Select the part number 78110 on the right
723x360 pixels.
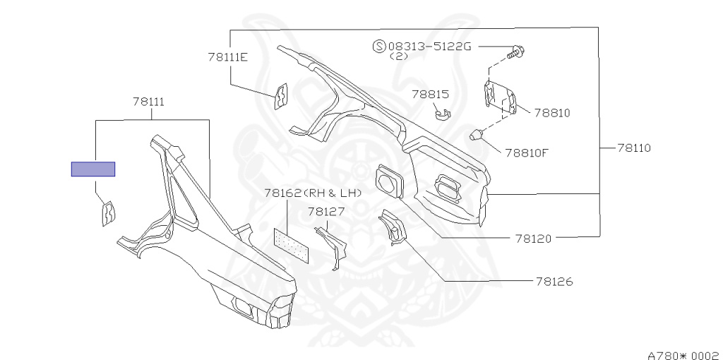pos(633,148)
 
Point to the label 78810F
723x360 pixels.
pos(526,151)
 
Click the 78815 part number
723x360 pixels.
pos(431,93)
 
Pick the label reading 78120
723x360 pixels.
pos(533,239)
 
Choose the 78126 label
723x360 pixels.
pos(554,282)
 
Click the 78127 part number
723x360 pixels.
pos(325,210)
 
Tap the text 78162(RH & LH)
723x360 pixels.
pos(313,193)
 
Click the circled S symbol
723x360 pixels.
pos(379,47)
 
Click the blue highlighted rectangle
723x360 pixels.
pos(92,169)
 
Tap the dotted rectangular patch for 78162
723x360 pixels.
pos(292,243)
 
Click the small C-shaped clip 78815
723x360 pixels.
pos(443,113)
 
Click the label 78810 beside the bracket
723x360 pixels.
pos(551,112)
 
